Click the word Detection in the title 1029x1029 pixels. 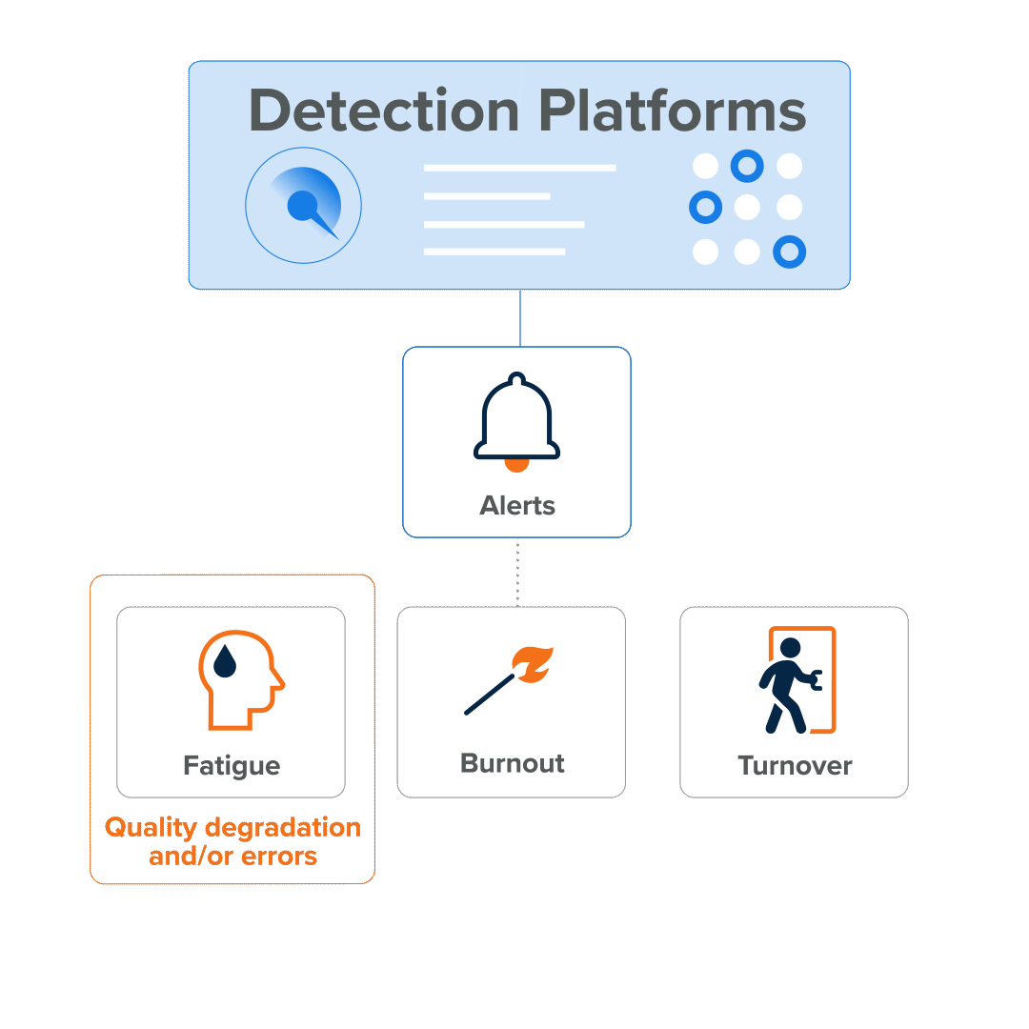tap(383, 111)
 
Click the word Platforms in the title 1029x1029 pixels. tap(673, 111)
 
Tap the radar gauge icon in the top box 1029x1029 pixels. tap(304, 205)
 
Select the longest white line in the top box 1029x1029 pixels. tap(519, 169)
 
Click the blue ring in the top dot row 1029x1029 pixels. tap(747, 167)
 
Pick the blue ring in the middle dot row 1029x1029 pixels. tap(705, 207)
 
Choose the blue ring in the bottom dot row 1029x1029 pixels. tap(789, 252)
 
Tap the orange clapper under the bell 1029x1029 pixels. tap(516, 465)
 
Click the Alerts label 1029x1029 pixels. tap(517, 506)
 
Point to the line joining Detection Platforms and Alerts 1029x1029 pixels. tap(520, 318)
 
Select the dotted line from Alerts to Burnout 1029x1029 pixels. tap(517, 572)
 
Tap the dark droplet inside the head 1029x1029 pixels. tap(225, 661)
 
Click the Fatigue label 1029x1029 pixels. tap(232, 766)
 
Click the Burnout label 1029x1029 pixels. tap(513, 764)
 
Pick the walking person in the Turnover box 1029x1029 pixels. tap(787, 684)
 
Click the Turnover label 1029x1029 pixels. tap(795, 766)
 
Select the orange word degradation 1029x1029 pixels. tap(283, 827)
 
